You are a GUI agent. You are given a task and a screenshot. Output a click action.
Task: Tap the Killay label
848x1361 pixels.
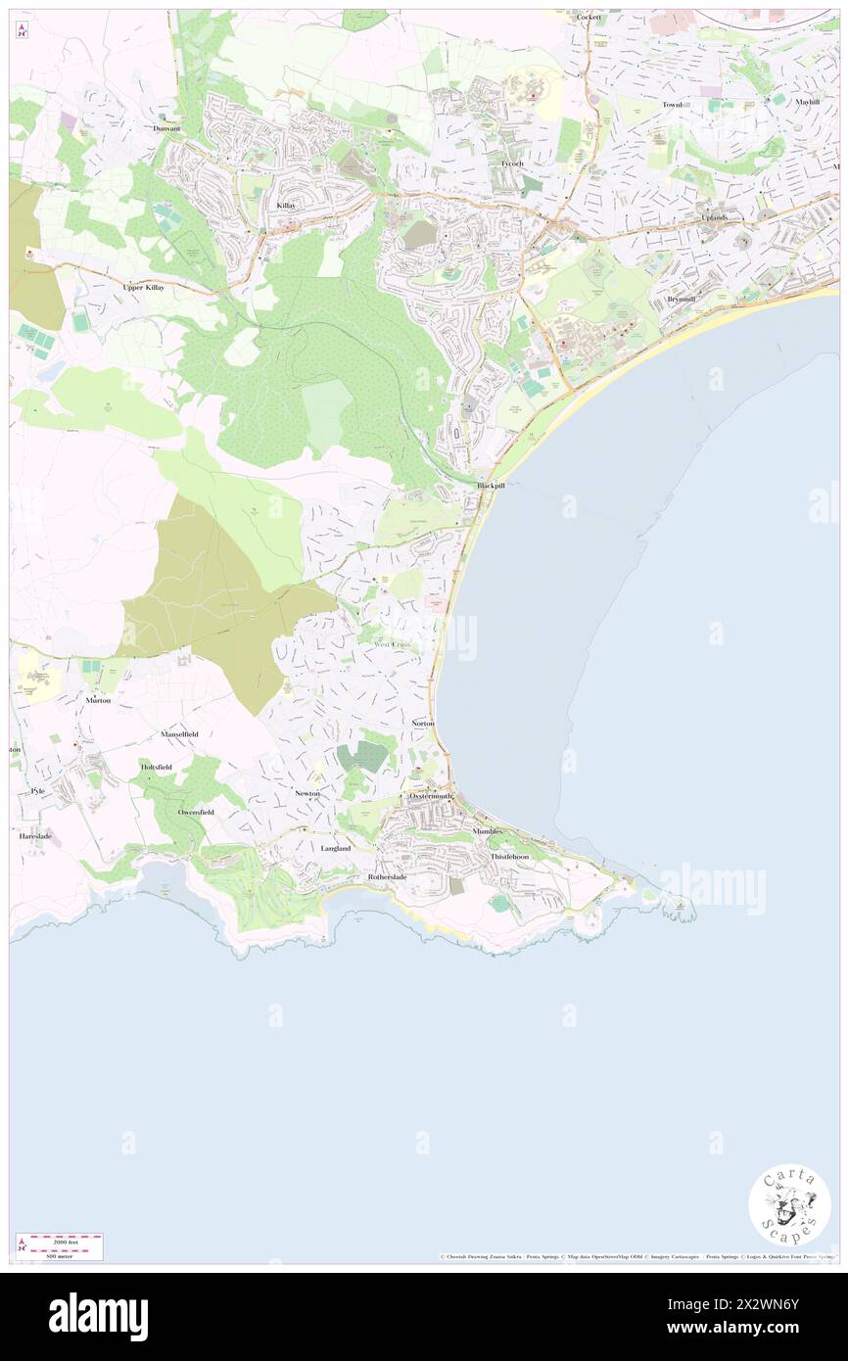point(286,206)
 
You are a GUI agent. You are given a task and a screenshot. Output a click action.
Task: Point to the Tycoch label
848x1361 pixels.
point(512,164)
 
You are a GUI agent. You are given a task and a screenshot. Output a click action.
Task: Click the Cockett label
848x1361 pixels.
point(588,18)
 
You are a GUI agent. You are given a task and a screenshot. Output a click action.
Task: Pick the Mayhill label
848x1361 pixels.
point(807,102)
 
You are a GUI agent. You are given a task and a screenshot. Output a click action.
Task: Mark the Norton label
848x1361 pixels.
point(423,723)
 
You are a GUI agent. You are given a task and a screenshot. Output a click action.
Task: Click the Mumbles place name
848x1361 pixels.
point(487,831)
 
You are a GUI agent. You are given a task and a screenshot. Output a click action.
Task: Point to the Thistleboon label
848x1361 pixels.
point(509,856)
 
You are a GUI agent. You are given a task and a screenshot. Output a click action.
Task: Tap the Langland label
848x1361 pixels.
point(335,848)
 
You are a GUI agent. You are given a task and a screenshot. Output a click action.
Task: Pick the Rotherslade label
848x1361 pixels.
point(386,876)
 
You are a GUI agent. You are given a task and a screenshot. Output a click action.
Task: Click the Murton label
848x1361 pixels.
point(98,701)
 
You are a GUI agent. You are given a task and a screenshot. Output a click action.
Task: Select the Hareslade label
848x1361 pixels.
point(34,836)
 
